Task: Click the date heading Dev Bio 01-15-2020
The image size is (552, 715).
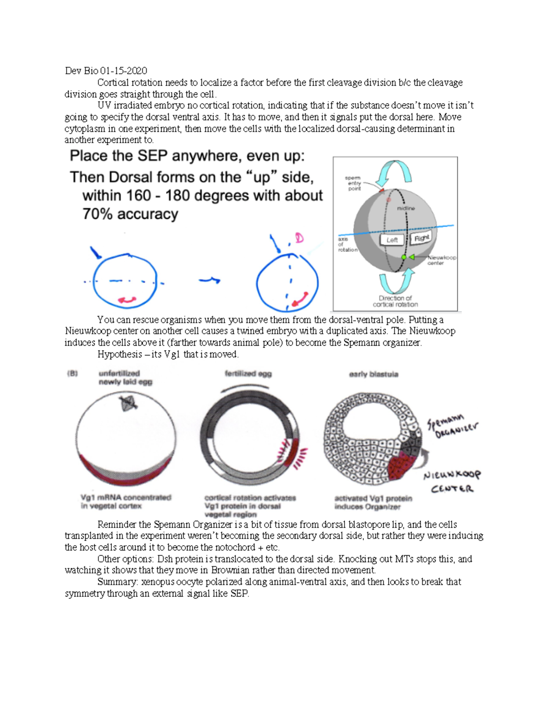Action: pyautogui.click(x=106, y=70)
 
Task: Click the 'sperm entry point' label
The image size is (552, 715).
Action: pyautogui.click(x=354, y=183)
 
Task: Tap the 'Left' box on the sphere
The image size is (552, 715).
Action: pyautogui.click(x=392, y=240)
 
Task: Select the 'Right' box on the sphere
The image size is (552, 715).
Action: pyautogui.click(x=421, y=238)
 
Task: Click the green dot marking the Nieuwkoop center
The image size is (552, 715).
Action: pyautogui.click(x=404, y=257)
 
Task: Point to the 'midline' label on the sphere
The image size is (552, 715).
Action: pyautogui.click(x=406, y=209)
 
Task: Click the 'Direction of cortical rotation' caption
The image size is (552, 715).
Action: pyautogui.click(x=395, y=301)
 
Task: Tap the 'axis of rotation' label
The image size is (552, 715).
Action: pyautogui.click(x=346, y=244)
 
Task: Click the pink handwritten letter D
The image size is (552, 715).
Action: pyautogui.click(x=299, y=238)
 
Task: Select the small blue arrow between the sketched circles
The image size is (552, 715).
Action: pyautogui.click(x=210, y=279)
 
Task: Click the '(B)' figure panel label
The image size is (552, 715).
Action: pyautogui.click(x=73, y=373)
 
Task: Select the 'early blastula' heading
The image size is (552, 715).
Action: pyautogui.click(x=374, y=374)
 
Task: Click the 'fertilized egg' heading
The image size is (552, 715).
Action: pyautogui.click(x=248, y=373)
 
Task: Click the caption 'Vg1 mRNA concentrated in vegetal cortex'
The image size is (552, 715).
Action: pyautogui.click(x=125, y=501)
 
